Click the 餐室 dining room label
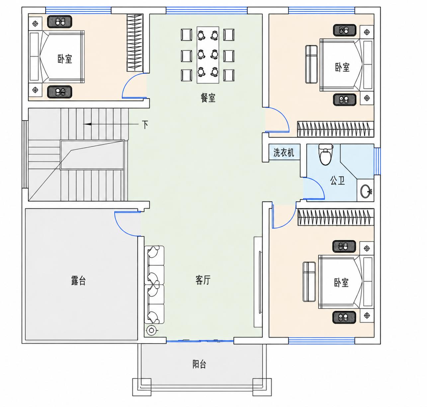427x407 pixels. [x=208, y=98]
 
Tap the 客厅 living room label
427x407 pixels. [x=203, y=280]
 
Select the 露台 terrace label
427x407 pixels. [x=78, y=281]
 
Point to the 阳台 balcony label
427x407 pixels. [x=199, y=364]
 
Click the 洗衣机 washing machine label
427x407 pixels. [x=284, y=152]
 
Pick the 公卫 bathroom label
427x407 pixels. [x=337, y=180]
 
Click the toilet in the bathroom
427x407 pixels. [x=326, y=154]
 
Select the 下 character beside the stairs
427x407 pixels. [x=145, y=124]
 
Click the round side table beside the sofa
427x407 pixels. [x=151, y=330]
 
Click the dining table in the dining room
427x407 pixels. [x=208, y=55]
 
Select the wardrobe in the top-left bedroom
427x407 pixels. [x=135, y=43]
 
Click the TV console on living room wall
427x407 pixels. [x=258, y=282]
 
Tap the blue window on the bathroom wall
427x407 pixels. [x=377, y=161]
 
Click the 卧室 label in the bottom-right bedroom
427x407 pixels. [x=341, y=282]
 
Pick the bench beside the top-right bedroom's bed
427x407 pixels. [x=311, y=64]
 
